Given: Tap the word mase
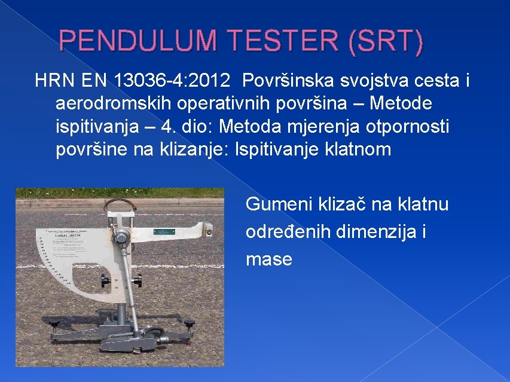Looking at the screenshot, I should coord(268,259).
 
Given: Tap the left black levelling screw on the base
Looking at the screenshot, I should coord(54,324).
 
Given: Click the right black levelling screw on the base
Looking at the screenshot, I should coord(191,323).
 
